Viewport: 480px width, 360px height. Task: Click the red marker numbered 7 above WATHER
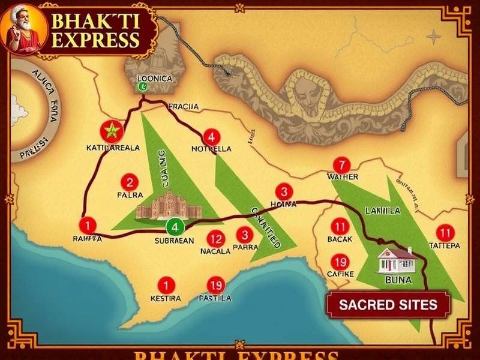341,165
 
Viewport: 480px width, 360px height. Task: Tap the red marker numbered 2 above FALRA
129,182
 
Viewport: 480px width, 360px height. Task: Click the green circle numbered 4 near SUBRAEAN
175,227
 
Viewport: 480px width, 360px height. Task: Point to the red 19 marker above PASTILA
215,285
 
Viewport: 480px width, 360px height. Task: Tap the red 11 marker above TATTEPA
445,232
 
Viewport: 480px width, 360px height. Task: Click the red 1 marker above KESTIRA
164,285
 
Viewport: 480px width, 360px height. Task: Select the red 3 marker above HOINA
284,191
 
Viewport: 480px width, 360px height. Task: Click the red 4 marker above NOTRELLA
211,136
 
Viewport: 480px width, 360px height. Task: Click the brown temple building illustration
169,205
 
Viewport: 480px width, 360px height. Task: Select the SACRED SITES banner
388,304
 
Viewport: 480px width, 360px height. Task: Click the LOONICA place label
154,79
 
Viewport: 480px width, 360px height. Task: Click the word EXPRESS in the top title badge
96,41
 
